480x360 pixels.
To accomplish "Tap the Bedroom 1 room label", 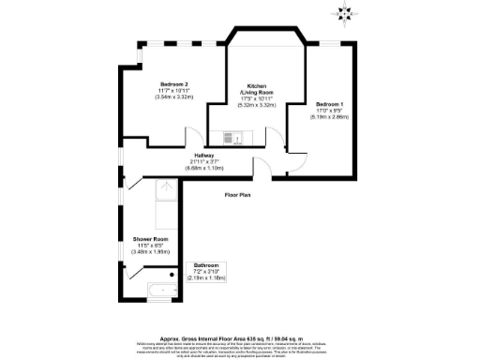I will (x=328, y=103).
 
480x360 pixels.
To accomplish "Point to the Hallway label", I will (x=204, y=155).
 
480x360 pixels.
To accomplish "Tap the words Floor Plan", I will (x=236, y=195).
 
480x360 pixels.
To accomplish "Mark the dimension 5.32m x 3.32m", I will (x=260, y=106).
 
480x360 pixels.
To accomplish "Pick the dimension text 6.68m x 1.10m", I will (x=204, y=168).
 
